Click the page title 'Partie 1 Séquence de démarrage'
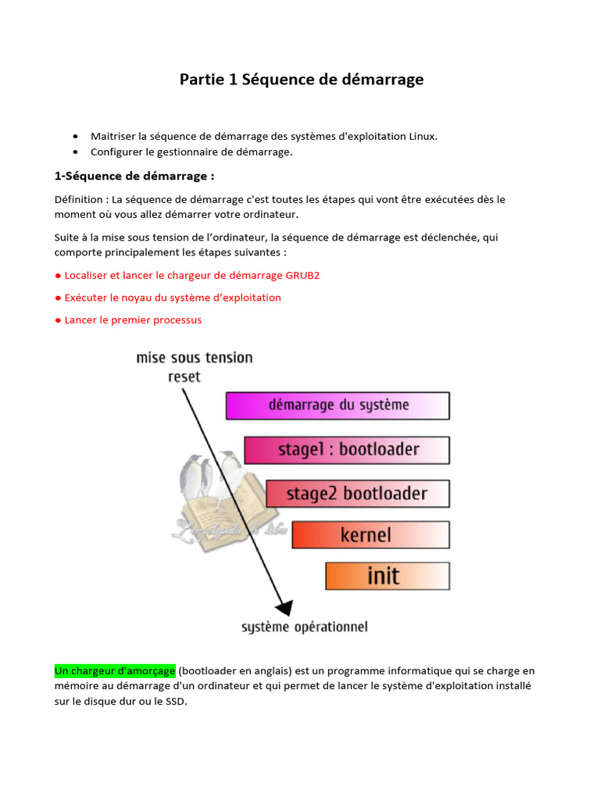[302, 79]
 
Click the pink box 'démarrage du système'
[337, 405]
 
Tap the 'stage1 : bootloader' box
[347, 450]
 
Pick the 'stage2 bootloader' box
[357, 494]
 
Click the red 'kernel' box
[370, 535]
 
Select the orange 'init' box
[387, 577]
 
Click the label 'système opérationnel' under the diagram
[304, 627]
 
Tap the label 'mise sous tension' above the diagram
[195, 358]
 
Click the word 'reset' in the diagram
[184, 377]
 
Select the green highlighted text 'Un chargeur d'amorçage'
[115, 671]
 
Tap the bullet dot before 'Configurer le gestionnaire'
[75, 152]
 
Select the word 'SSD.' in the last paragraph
[176, 701]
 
